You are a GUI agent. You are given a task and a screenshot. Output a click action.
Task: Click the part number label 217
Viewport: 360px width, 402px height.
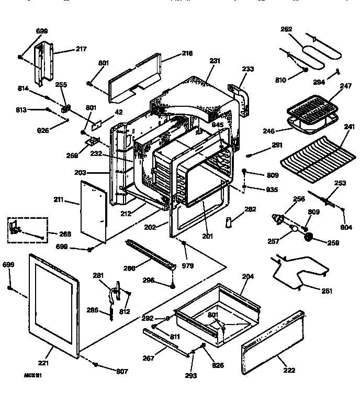click(x=81, y=49)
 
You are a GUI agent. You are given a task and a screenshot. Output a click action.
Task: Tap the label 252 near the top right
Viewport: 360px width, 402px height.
click(x=287, y=29)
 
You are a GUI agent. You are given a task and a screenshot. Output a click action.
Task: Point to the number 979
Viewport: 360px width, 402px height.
click(x=188, y=266)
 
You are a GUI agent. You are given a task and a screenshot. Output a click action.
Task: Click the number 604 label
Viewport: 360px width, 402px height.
click(x=346, y=228)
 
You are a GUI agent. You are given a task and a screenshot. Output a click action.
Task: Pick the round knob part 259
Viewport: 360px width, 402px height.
click(x=308, y=239)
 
